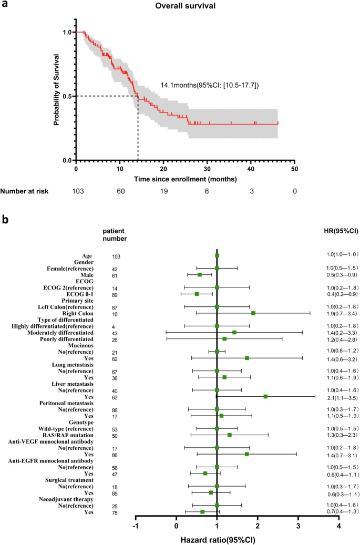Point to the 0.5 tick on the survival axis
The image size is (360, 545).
pyautogui.click(x=67, y=96)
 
